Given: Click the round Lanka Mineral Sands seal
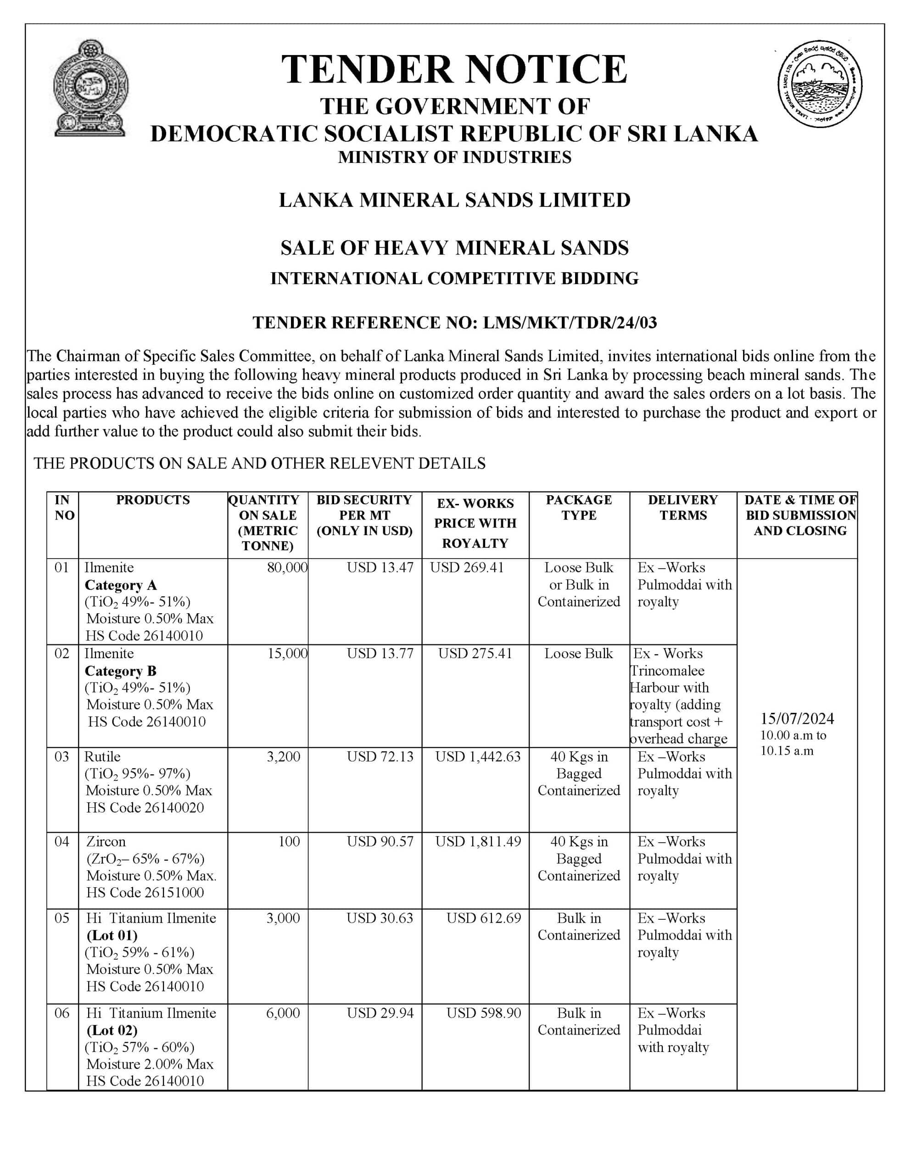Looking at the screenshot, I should tap(820, 84).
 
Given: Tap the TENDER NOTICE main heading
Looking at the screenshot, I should tap(454, 70).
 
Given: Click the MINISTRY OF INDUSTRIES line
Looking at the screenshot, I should tap(455, 157).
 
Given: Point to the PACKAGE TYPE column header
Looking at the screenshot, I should tap(579, 507).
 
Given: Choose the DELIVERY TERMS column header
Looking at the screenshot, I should tap(683, 507).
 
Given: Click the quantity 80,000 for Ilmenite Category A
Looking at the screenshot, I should tap(287, 568).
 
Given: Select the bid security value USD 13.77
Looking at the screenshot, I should tap(380, 654).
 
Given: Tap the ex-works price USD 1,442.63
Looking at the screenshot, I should tap(478, 757).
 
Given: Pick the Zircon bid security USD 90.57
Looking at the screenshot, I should tap(380, 841).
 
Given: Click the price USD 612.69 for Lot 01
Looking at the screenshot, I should tap(484, 918).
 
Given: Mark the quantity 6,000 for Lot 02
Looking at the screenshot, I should tap(283, 1013).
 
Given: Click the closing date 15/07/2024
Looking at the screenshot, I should tap(797, 719).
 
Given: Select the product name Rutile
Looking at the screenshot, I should tap(102, 757).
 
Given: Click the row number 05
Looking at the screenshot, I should tap(62, 918).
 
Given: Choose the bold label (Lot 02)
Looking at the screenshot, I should tap(112, 1030).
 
